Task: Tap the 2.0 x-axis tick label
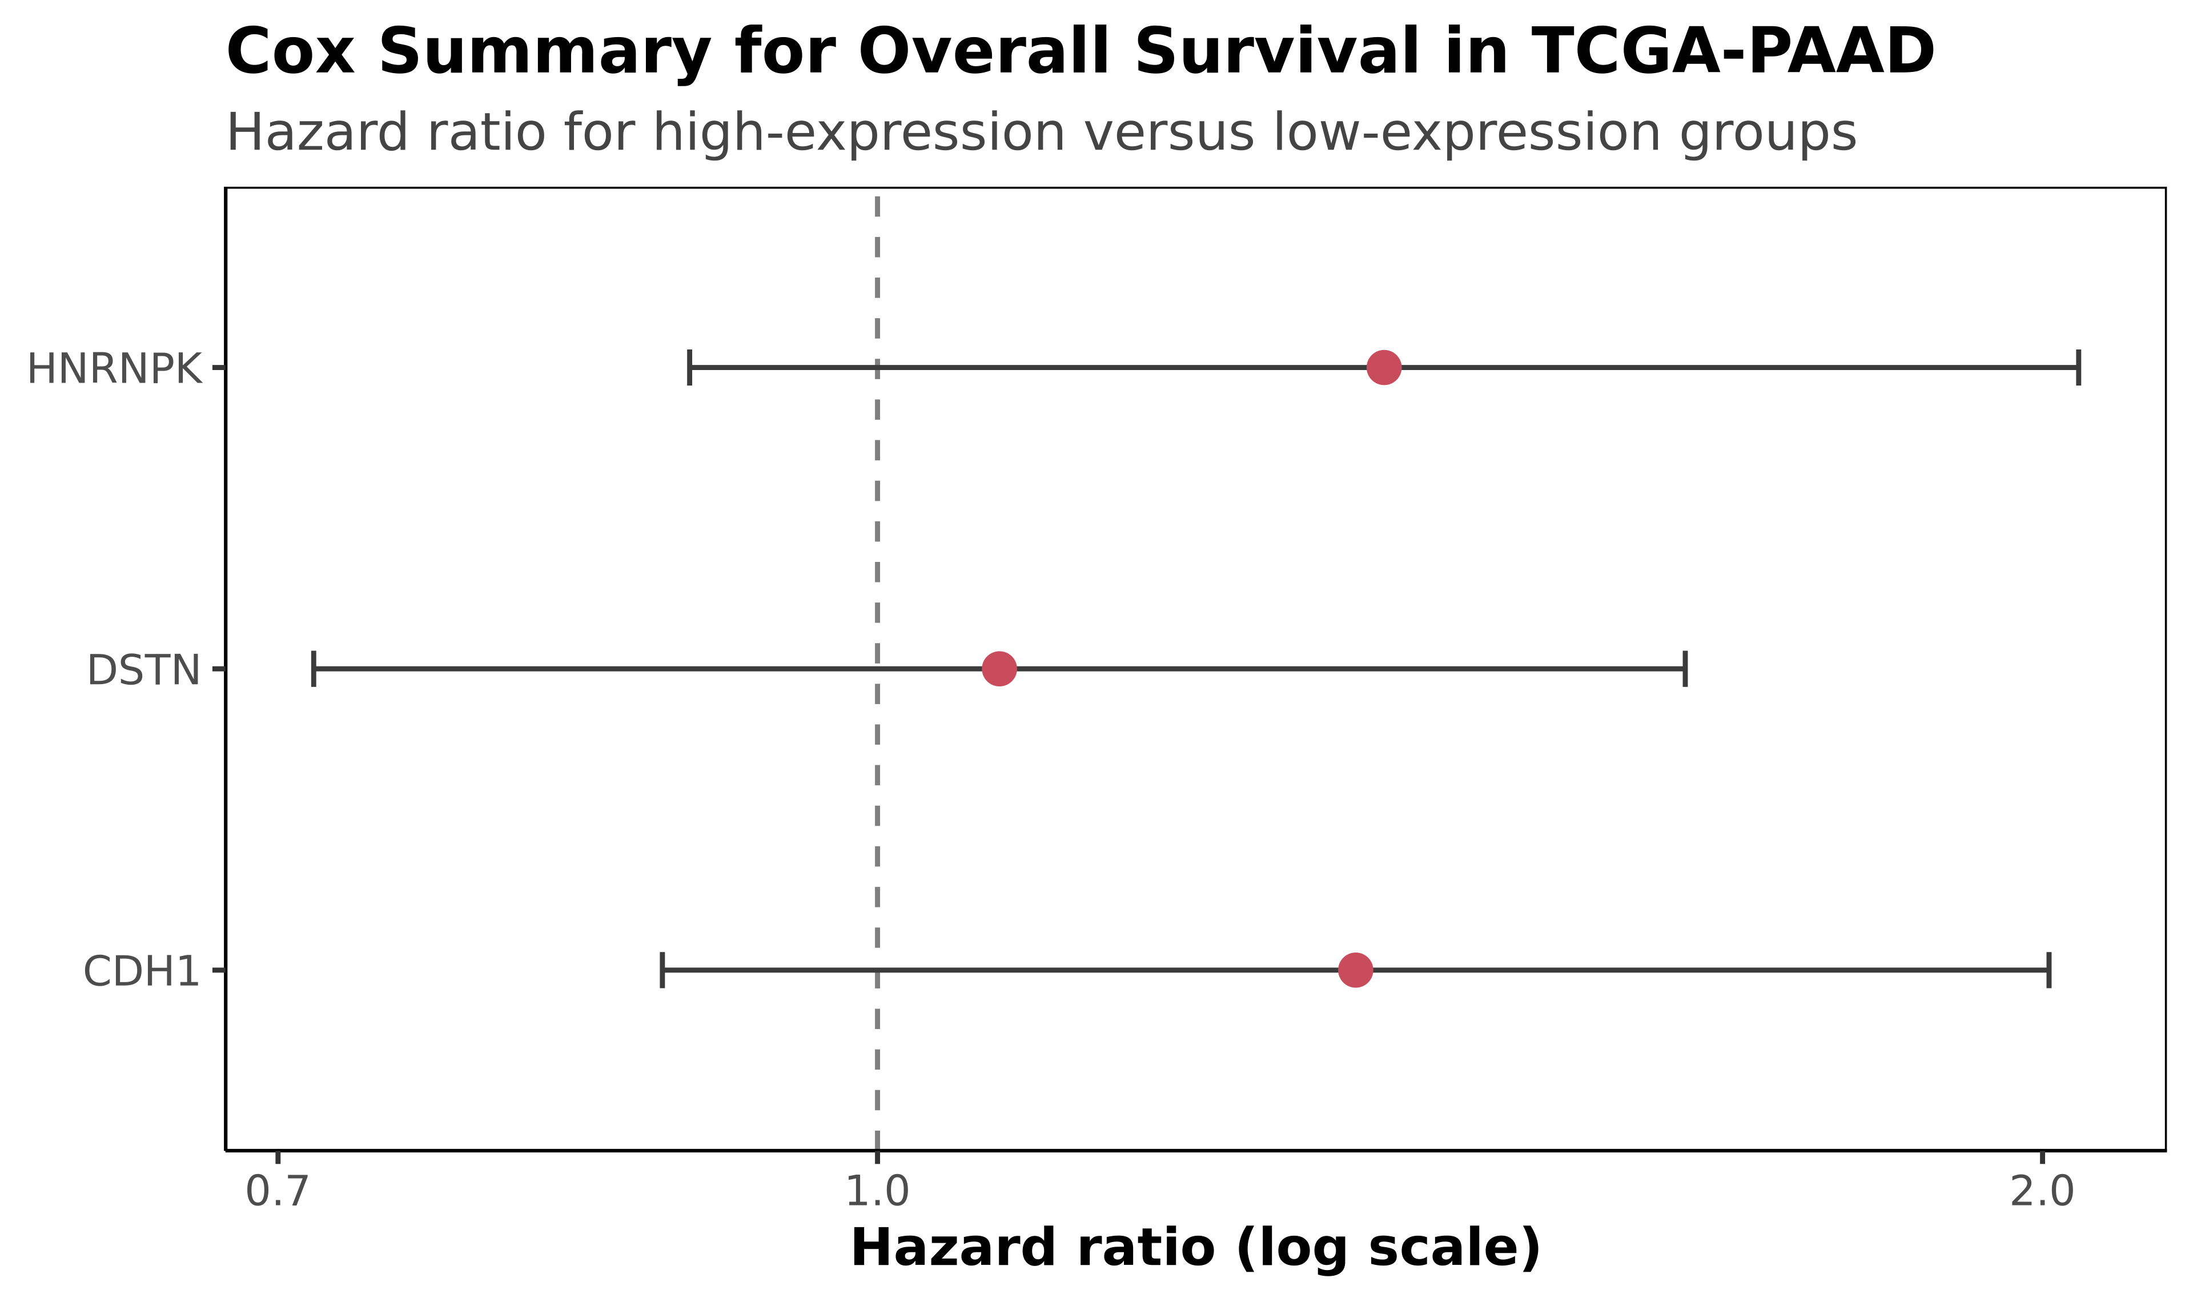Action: [x=2042, y=1191]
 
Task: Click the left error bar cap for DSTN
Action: [x=313, y=669]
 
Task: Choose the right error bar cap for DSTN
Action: [x=1685, y=669]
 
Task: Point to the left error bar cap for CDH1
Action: [x=662, y=970]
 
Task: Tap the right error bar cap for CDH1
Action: [x=2049, y=970]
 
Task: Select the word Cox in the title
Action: [x=290, y=52]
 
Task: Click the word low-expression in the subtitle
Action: [x=1466, y=134]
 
